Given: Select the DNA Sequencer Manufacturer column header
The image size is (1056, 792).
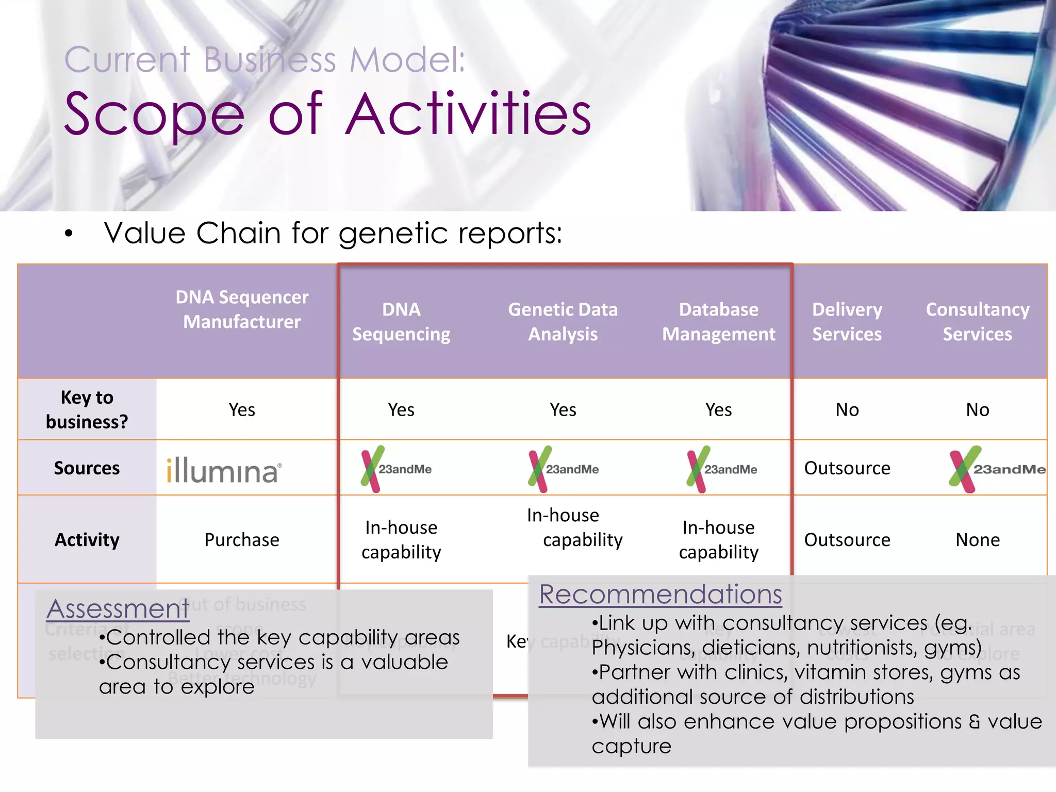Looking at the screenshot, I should (x=242, y=309).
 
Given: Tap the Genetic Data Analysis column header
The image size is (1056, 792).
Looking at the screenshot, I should (x=563, y=322).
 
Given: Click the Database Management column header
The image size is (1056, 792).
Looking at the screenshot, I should (x=718, y=322).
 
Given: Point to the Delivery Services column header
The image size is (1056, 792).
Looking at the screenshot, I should (x=847, y=322).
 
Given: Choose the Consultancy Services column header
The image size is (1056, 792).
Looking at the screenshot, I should (x=977, y=322).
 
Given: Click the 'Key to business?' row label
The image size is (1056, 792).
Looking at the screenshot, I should (x=87, y=409).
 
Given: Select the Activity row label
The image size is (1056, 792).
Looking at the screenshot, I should (x=87, y=540).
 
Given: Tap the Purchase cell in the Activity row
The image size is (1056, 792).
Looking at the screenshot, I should (x=242, y=540).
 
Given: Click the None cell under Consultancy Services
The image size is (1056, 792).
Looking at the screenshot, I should (x=977, y=540).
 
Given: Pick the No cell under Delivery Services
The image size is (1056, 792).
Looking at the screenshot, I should (x=847, y=409).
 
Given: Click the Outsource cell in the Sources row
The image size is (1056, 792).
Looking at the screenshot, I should (x=847, y=468).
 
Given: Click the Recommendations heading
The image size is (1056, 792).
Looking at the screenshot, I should (x=660, y=594).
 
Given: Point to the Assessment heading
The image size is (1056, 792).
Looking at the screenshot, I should (x=118, y=608).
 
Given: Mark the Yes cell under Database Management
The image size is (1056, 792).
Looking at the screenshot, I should (x=718, y=409).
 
